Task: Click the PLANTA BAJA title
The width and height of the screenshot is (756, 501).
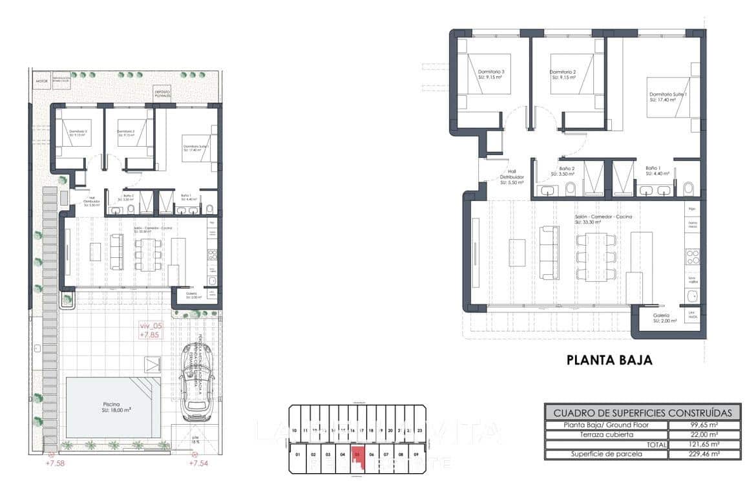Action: point(609,360)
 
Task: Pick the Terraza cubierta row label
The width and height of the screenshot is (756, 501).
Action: point(605,435)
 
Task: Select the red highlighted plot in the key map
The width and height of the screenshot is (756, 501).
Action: point(356,455)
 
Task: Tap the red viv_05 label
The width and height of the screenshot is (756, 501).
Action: point(151,326)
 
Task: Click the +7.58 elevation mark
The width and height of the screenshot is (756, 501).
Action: point(56,463)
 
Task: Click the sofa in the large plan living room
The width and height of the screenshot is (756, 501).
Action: point(549,252)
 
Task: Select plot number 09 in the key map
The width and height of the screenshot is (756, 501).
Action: point(415,455)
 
